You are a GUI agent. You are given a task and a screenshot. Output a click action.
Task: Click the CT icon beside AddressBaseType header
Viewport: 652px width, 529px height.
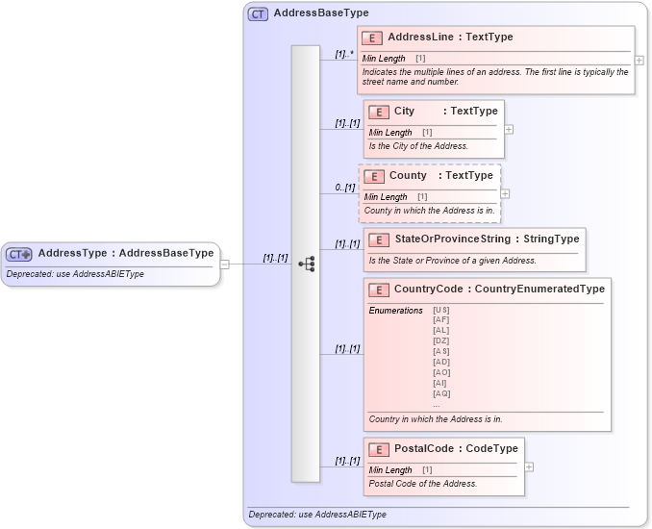point(258,13)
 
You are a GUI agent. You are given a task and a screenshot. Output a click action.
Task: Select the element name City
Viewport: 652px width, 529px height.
point(404,112)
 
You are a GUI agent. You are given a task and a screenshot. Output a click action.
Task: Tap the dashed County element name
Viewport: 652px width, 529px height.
point(408,176)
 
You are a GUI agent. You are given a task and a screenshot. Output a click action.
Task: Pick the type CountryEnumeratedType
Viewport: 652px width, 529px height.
point(539,289)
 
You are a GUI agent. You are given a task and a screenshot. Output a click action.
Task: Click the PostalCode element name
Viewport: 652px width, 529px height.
point(423,448)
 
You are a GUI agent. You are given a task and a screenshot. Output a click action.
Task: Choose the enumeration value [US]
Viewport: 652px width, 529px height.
point(441,310)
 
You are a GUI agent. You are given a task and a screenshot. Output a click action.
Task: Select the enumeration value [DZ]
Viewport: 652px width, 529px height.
point(441,340)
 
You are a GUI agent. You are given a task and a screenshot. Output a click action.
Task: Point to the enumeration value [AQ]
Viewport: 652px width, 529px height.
point(441,393)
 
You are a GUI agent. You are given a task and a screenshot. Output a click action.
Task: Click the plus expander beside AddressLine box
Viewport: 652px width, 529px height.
point(639,60)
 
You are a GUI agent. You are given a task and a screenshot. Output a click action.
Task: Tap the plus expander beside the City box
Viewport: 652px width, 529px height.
point(509,129)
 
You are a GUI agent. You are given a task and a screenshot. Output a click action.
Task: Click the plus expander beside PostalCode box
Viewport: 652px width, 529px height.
point(529,466)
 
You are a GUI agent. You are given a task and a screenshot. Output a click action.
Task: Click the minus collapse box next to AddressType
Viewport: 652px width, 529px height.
point(224,264)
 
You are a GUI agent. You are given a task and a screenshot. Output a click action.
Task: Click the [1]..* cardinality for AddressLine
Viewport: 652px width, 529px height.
point(344,54)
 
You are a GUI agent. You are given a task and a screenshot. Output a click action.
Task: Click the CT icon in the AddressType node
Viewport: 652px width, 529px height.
point(19,254)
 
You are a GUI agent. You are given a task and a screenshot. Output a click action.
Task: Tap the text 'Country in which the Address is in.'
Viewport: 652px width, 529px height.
point(435,419)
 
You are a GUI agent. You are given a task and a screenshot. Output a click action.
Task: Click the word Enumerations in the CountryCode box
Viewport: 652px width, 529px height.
point(395,311)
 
